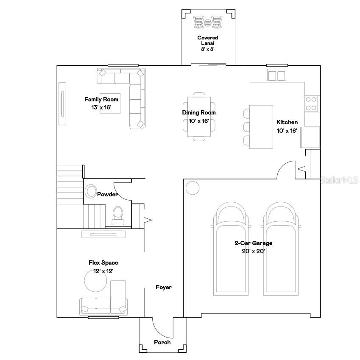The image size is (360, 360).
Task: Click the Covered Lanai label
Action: point(208,43)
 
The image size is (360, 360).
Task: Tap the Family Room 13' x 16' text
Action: point(101,103)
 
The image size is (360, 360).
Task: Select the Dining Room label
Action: point(199,117)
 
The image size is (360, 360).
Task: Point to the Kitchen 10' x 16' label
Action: point(287,126)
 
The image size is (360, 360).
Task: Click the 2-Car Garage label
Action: point(253,247)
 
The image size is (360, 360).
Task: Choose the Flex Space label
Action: point(103,267)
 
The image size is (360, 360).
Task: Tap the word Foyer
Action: point(164,287)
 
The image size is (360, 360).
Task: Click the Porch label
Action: point(162,342)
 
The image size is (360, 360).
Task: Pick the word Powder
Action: point(107,195)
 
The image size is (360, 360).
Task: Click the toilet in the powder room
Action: point(117,214)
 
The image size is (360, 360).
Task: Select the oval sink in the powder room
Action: point(91,192)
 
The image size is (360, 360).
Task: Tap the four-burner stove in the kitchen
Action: point(311,103)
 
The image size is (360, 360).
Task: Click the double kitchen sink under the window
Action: point(277,75)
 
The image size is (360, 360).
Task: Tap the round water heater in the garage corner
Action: point(193,187)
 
